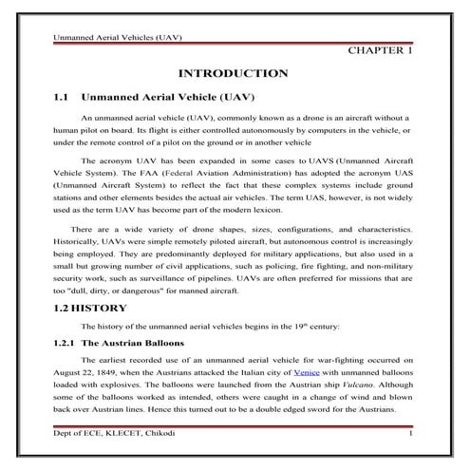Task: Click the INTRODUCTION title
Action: tap(233, 73)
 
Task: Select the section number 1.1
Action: tap(62, 97)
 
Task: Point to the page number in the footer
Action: tap(410, 434)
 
